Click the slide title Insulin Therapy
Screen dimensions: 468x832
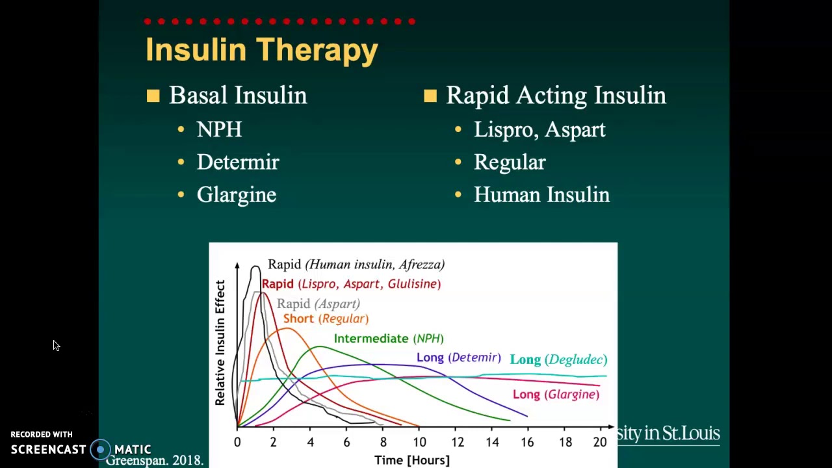pos(261,51)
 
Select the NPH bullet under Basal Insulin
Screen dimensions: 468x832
pos(219,129)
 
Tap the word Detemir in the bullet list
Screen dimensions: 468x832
pos(238,162)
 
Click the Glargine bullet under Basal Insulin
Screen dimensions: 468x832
pos(237,195)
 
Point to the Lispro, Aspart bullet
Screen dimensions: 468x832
pos(539,129)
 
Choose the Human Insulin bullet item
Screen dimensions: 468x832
pos(541,195)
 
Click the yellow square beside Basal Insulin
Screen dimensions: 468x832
pos(153,96)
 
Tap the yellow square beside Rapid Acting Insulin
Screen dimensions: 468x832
pos(430,96)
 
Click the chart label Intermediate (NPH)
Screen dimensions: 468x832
pos(389,339)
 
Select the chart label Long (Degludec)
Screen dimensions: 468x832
pos(558,359)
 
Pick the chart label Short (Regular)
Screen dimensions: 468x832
pos(326,318)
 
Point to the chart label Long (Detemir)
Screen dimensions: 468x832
pos(458,357)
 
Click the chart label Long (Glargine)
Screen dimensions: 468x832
pos(556,395)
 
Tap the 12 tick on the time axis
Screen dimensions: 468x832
pos(458,443)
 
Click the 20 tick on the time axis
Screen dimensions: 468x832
pos(599,443)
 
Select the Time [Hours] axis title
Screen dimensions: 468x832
pos(411,460)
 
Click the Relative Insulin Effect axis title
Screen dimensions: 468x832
pos(220,343)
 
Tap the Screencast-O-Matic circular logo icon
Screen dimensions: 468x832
pos(101,449)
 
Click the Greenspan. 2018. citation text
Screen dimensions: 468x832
pos(155,460)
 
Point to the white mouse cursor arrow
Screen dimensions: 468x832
pos(56,346)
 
